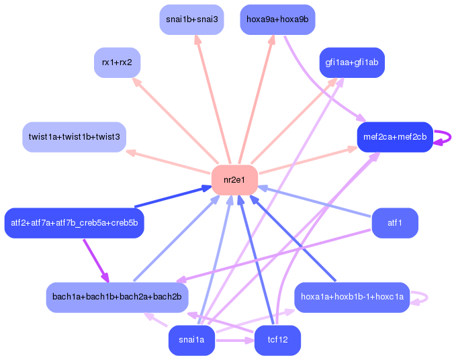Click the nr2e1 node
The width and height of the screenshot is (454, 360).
tap(234, 179)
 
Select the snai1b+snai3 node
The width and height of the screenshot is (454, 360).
tap(191, 19)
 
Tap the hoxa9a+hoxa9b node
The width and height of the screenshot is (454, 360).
tap(277, 19)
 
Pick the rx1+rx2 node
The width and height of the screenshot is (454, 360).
tap(117, 62)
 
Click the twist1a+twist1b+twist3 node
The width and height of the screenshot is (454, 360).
tap(74, 137)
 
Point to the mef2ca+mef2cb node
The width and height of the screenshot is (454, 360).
tap(395, 137)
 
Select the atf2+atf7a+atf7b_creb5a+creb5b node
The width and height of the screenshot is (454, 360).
tap(74, 223)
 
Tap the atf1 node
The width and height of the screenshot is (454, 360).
tap(395, 222)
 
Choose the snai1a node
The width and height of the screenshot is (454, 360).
tap(191, 341)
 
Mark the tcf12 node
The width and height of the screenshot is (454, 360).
tap(277, 341)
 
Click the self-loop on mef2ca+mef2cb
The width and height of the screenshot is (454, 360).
tap(445, 137)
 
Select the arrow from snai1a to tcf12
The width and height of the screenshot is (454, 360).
tap(234, 341)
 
